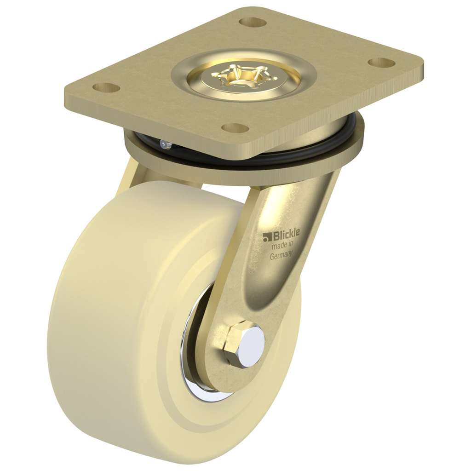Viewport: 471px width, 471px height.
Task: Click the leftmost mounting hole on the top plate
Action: point(106,87)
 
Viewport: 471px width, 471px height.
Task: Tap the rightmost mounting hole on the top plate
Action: point(382,63)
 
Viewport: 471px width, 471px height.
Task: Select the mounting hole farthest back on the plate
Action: point(253,22)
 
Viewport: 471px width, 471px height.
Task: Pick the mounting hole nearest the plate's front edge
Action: point(235,128)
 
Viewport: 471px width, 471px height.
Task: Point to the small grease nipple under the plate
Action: point(166,145)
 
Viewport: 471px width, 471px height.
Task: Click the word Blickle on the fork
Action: point(286,236)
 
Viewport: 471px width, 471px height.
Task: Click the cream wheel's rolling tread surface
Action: point(92,322)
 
